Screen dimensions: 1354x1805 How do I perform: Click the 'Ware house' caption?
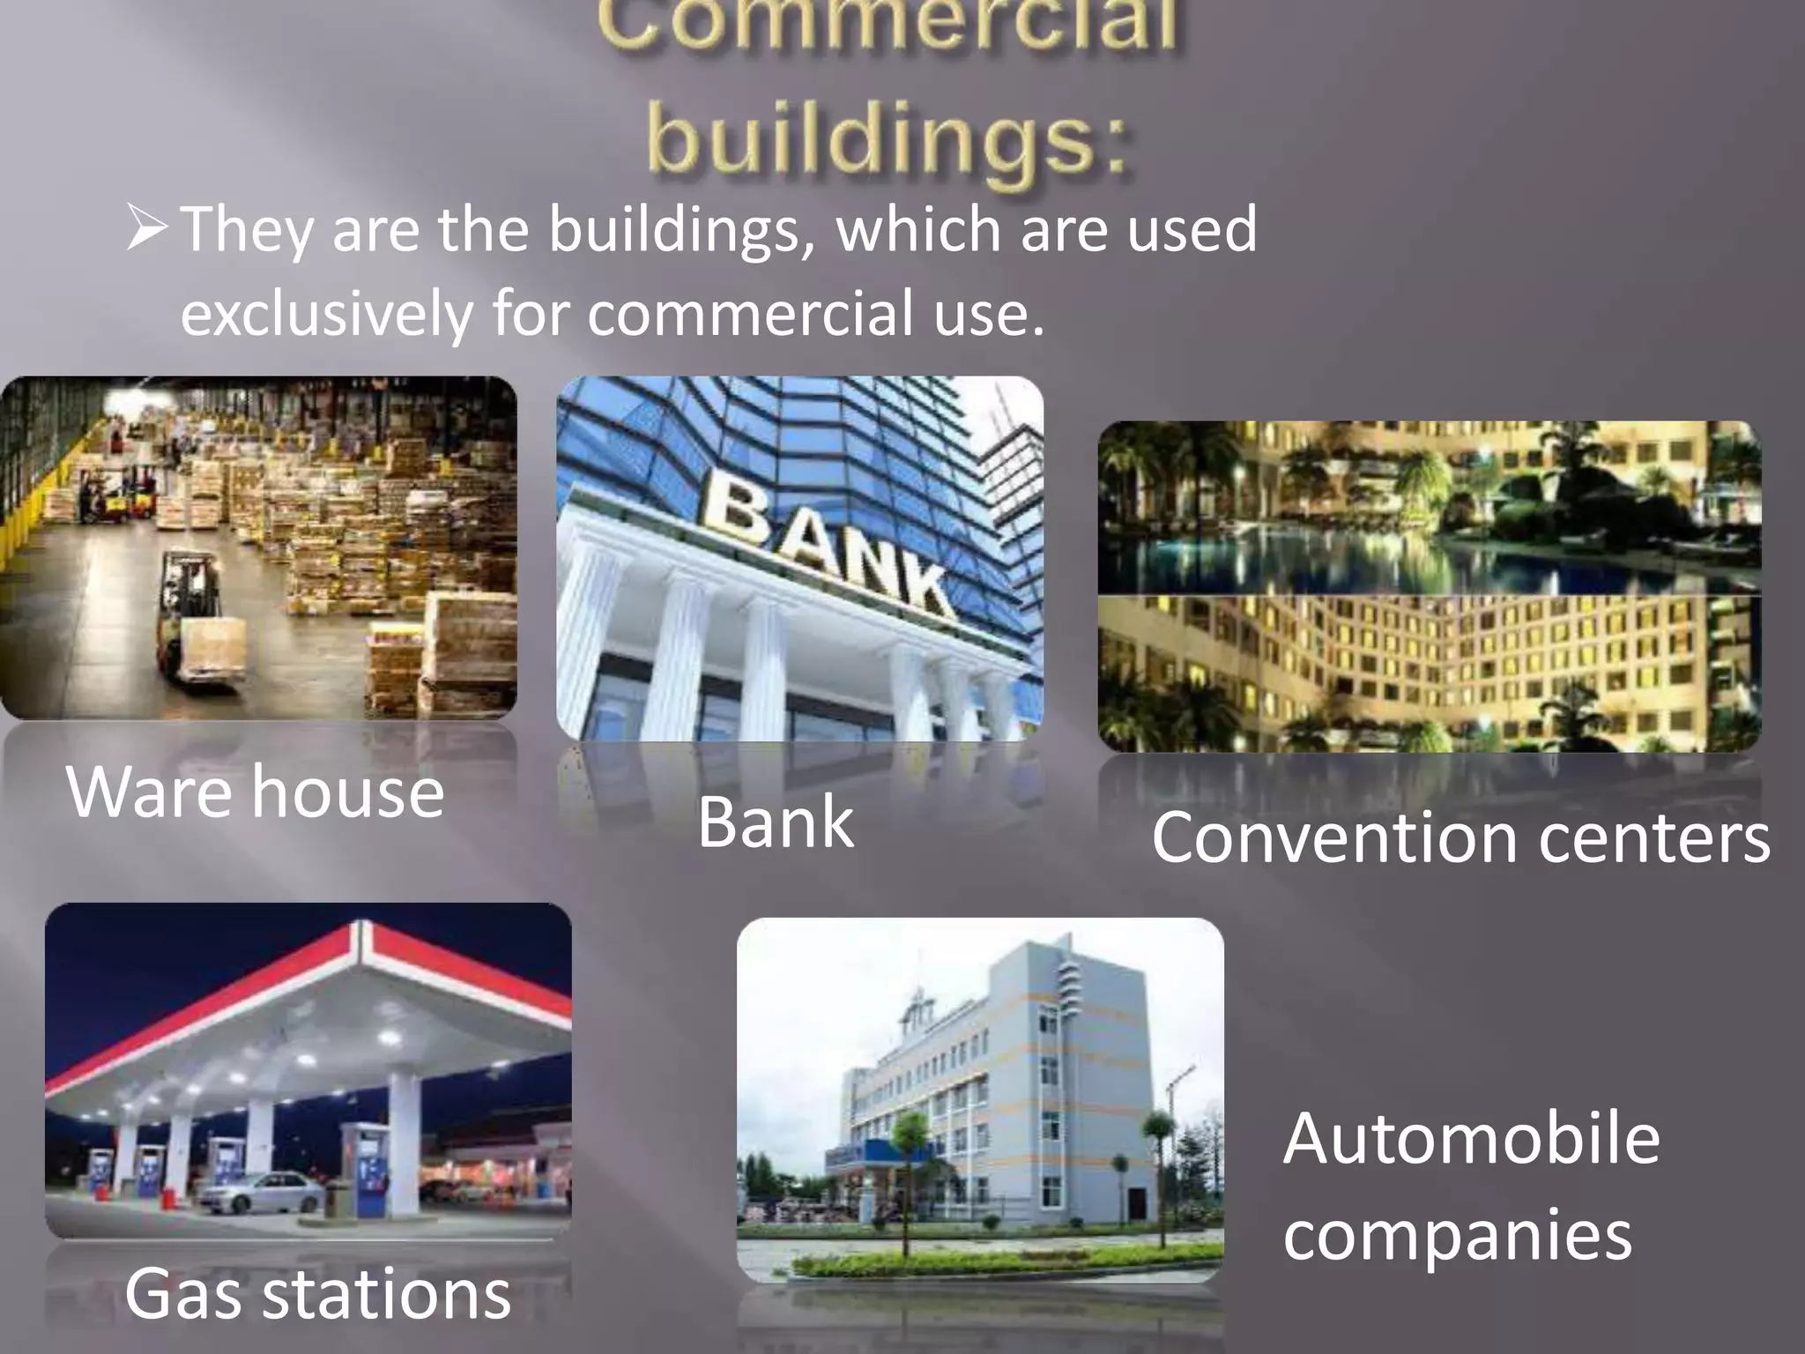[255, 791]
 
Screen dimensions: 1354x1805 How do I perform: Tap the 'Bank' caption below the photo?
[776, 822]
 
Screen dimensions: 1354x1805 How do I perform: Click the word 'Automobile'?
[1471, 1138]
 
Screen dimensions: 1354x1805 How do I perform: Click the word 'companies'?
[1457, 1233]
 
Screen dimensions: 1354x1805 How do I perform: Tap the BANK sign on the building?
[828, 547]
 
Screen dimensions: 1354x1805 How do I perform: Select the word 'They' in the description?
[246, 228]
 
